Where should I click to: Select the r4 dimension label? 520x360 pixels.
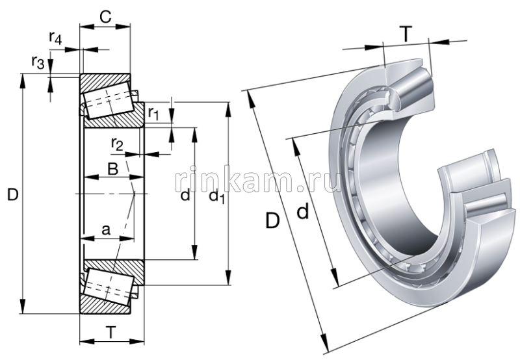coord(55,38)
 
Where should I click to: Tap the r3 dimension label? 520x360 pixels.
coord(38,63)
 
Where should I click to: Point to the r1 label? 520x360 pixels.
coord(153,113)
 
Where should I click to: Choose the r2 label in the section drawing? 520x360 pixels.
coord(117,143)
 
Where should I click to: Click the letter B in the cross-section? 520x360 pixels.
coord(112,170)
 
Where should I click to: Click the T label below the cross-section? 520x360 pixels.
coord(111,333)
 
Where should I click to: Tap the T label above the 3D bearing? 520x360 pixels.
coord(406,35)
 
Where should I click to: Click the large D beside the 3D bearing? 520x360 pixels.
coord(272,221)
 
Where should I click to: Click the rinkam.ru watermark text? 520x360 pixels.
coord(258,183)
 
